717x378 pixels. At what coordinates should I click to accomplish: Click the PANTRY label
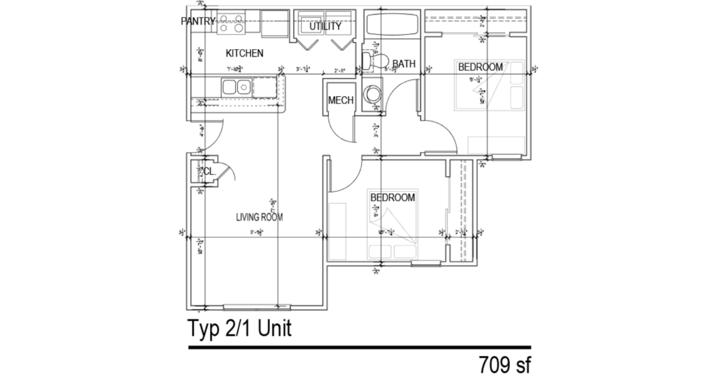tap(198, 22)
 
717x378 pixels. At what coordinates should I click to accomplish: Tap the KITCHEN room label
tap(244, 53)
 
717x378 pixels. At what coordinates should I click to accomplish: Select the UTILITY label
tap(326, 27)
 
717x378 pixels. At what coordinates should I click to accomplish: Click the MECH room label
tap(341, 101)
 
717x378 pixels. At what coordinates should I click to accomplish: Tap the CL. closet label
tap(209, 171)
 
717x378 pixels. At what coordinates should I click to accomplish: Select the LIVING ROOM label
tap(260, 217)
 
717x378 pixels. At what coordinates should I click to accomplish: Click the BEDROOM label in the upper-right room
tap(480, 67)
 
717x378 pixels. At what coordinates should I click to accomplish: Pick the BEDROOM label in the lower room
tap(392, 197)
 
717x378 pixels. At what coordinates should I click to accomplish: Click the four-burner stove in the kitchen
tap(231, 23)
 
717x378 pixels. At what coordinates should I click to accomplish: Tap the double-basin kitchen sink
tap(237, 87)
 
